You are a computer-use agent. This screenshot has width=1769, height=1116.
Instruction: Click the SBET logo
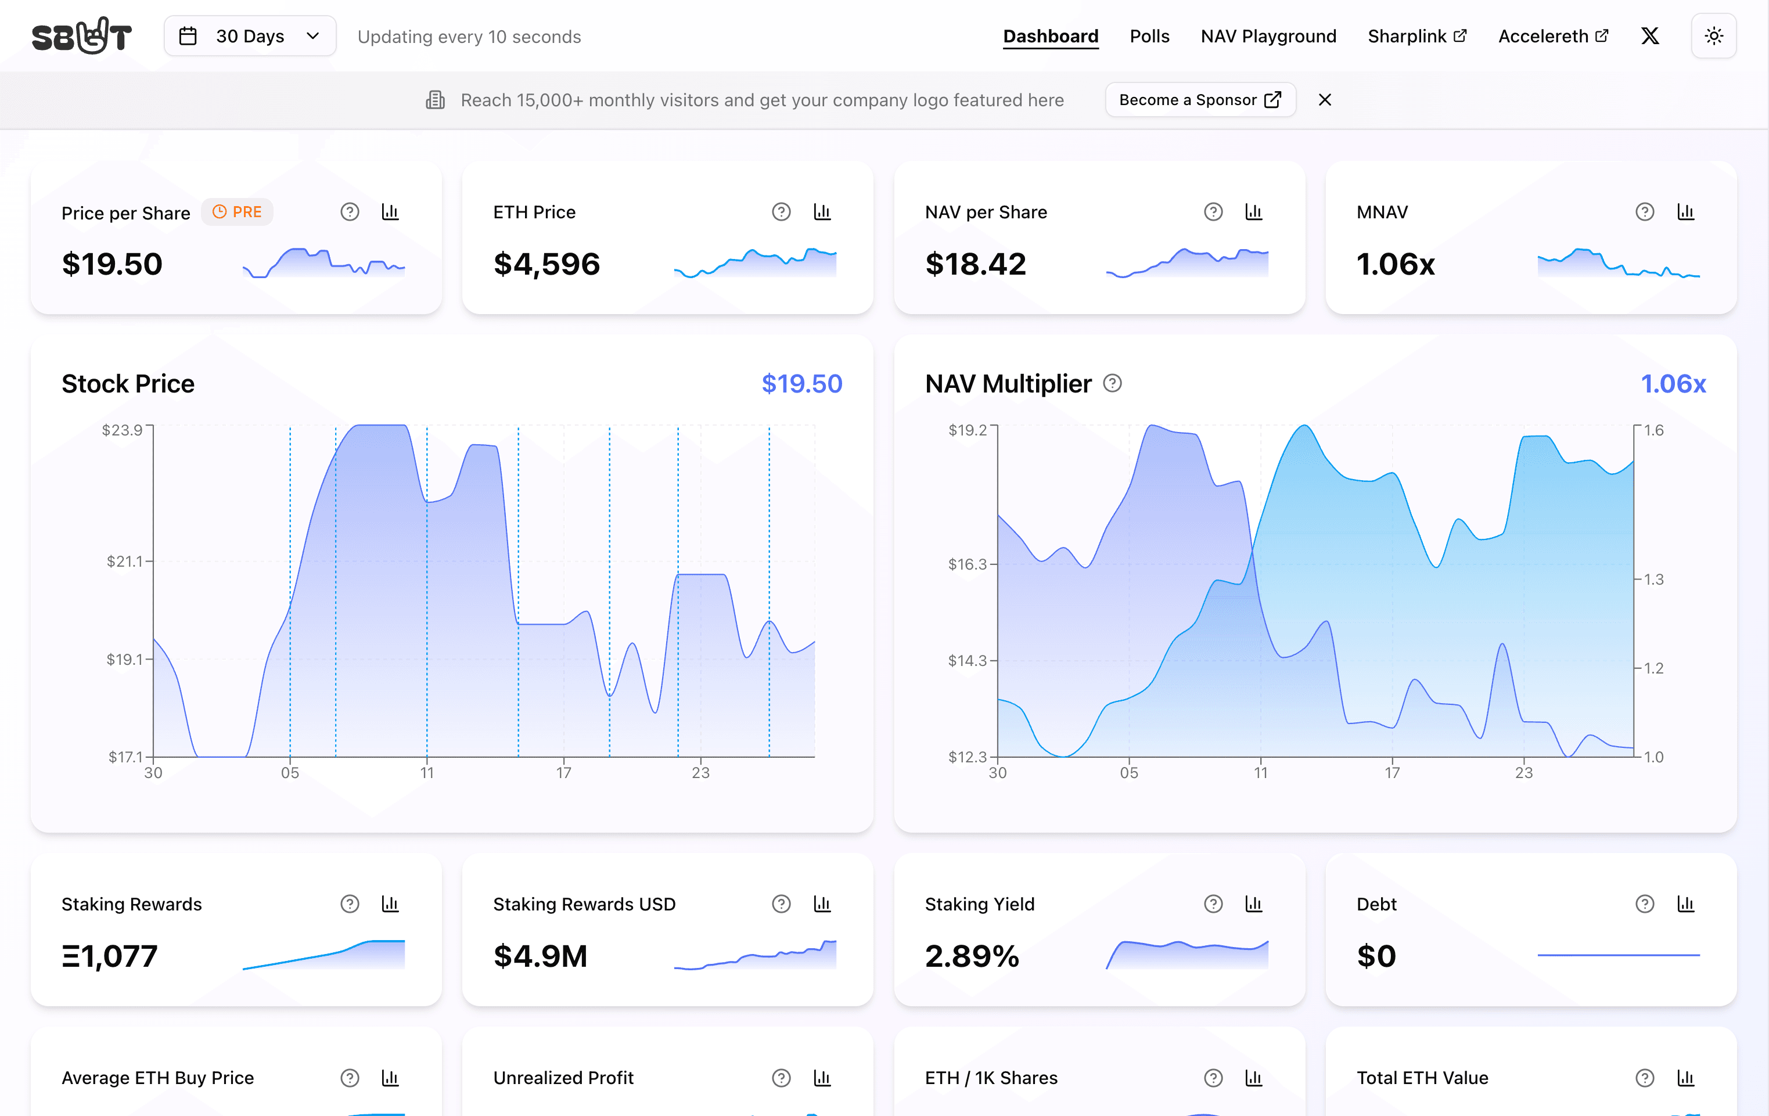[81, 36]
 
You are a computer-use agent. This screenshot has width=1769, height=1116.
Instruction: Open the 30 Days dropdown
[250, 36]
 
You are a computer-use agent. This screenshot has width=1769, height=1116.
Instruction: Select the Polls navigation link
[1149, 36]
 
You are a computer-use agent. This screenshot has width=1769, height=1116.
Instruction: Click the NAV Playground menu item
[1268, 36]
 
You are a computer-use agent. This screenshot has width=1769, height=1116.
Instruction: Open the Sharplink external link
[1416, 36]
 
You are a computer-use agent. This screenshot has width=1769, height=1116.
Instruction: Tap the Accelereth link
[1552, 36]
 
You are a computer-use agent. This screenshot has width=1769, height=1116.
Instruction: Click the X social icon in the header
[1650, 36]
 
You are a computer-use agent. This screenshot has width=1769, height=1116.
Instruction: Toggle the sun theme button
[1713, 36]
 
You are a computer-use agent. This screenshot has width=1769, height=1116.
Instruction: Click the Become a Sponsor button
[1200, 100]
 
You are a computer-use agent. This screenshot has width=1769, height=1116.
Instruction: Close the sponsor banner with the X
[1325, 100]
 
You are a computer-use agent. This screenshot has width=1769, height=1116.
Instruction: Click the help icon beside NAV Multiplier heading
[1112, 383]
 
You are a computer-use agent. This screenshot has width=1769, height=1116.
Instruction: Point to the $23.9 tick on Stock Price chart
[122, 430]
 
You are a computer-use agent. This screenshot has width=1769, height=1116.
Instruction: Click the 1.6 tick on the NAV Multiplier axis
[1653, 430]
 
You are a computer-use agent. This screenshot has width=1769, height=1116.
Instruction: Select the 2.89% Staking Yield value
[971, 956]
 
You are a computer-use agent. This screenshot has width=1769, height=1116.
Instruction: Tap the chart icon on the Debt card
[1685, 903]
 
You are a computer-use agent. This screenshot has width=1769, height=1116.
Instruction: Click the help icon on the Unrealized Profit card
[781, 1078]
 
